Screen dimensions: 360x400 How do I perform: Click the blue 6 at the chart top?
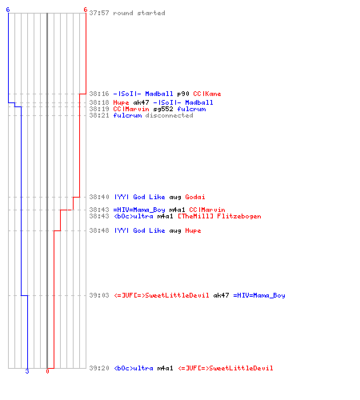point(8,10)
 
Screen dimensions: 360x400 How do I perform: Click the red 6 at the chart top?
point(85,10)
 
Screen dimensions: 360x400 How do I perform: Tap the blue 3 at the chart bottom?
point(27,371)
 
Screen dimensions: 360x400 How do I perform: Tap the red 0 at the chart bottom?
point(47,371)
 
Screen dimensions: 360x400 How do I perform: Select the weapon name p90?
point(183,94)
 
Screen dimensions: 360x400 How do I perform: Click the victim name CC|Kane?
point(207,94)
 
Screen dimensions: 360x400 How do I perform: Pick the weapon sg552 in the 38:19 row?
point(163,109)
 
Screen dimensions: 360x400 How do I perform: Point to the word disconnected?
point(169,115)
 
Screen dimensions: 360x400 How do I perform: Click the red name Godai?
point(195,197)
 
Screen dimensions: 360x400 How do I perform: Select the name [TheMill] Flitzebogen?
point(219,216)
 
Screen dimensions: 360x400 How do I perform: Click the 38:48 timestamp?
point(99,230)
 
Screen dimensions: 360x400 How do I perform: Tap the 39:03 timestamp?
point(99,295)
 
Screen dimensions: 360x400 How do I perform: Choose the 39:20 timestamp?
point(99,368)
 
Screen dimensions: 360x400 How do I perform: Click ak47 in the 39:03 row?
point(221,295)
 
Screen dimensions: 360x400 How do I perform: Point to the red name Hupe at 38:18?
point(121,102)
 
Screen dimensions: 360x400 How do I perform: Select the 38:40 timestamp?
point(99,197)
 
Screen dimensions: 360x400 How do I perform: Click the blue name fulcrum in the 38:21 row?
point(127,115)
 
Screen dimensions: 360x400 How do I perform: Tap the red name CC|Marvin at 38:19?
point(131,109)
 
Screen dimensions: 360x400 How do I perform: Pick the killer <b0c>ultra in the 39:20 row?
point(134,368)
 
